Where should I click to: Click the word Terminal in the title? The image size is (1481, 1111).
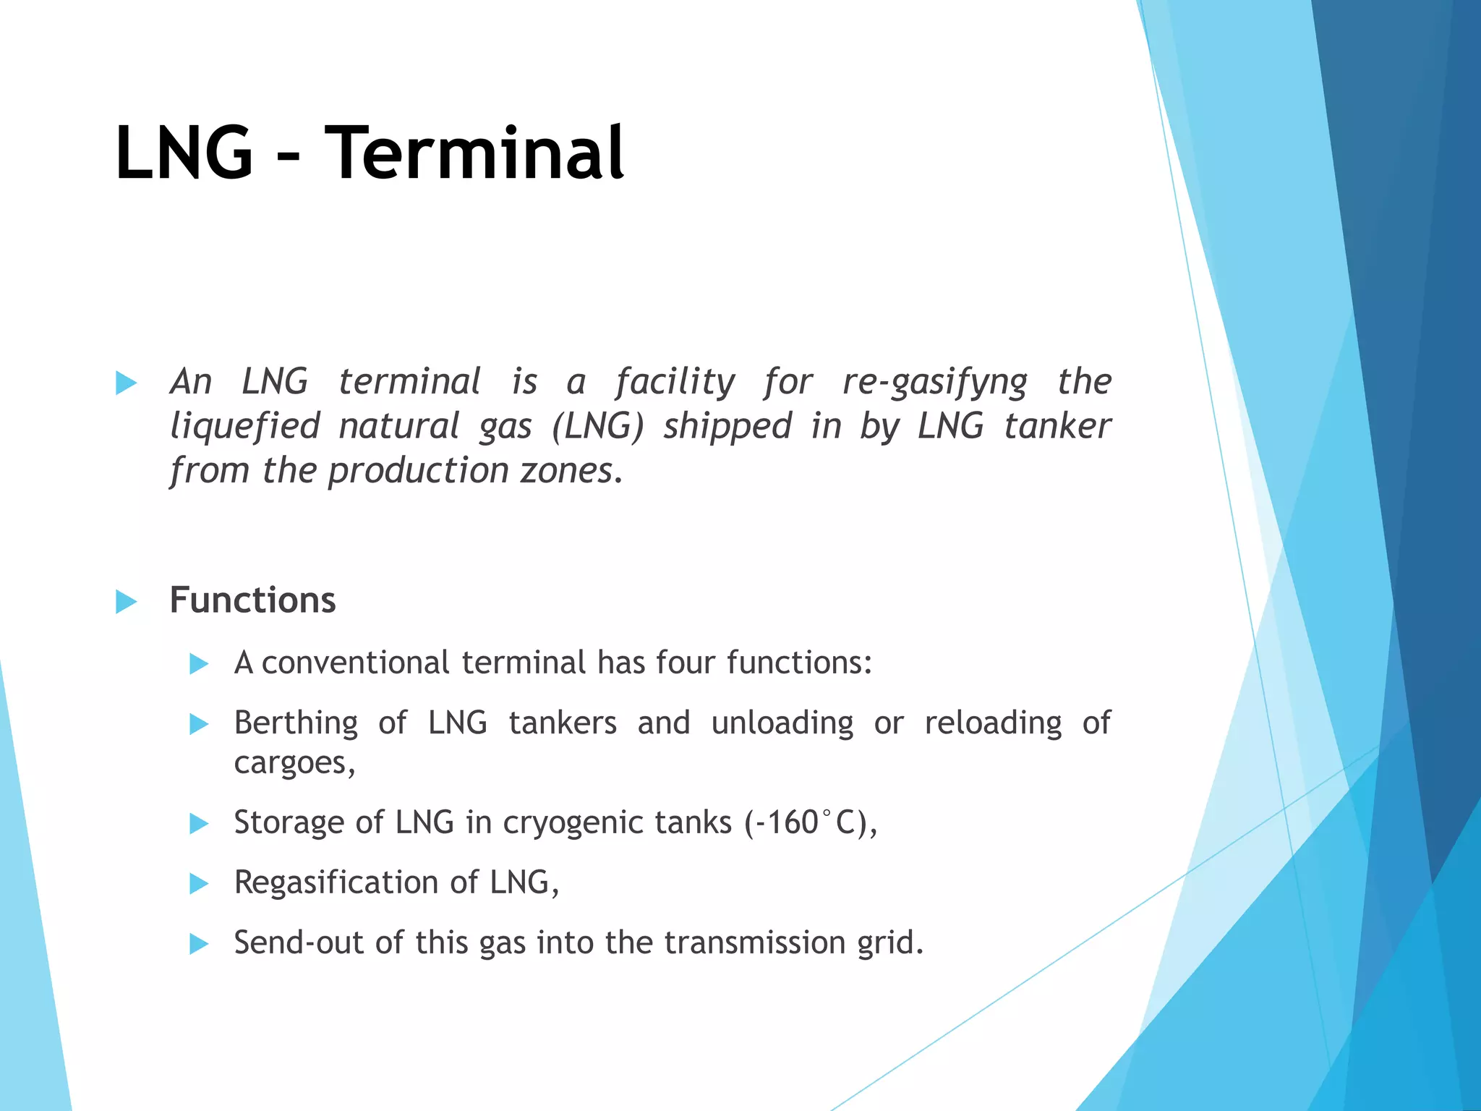[474, 153]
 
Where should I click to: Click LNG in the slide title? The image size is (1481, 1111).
[184, 153]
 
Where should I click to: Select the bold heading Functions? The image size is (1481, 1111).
[252, 600]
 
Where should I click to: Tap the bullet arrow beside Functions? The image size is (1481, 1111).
[126, 601]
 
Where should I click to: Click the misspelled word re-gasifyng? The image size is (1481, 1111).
[934, 382]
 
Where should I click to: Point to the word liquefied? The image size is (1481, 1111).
[244, 426]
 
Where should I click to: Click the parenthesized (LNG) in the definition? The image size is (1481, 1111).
[597, 426]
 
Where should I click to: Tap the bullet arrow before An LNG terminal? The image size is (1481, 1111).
[126, 383]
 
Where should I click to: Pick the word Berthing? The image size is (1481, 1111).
[296, 723]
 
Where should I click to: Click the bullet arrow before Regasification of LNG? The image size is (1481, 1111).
[199, 883]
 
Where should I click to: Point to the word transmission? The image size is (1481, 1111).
[755, 942]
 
